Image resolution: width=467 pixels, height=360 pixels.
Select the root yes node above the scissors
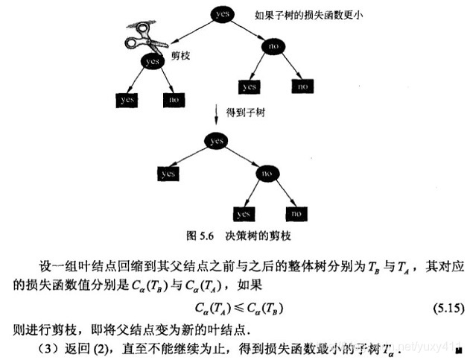click(221, 14)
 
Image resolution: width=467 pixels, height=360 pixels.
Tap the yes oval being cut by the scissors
click(153, 60)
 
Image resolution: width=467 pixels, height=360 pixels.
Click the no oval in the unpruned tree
click(274, 45)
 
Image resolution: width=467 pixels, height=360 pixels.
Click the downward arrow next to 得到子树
click(216, 116)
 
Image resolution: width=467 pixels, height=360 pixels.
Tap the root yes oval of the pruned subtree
click(217, 140)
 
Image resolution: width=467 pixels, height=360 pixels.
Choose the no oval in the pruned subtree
click(266, 173)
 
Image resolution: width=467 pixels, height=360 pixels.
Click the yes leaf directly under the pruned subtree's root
click(168, 173)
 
